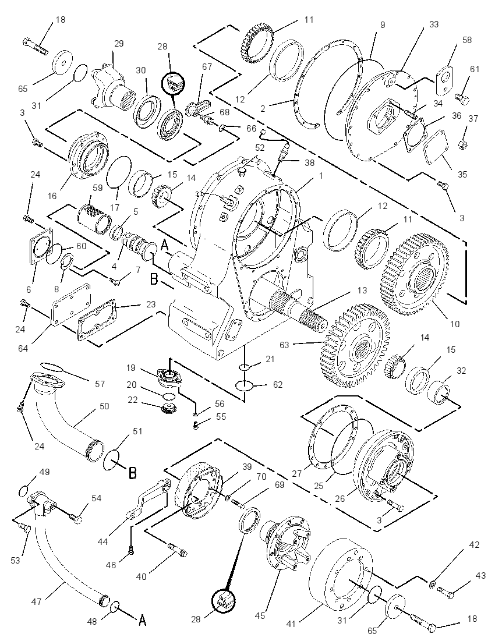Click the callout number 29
click(119, 43)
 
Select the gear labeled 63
click(355, 345)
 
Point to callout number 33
click(433, 24)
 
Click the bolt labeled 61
click(462, 98)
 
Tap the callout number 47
click(36, 602)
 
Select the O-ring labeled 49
click(24, 490)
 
